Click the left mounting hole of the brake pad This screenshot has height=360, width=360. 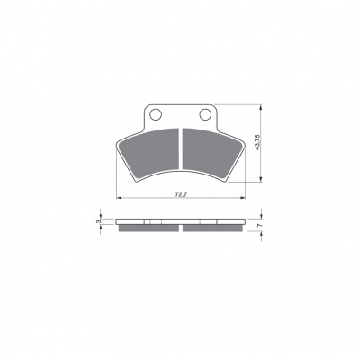(156, 114)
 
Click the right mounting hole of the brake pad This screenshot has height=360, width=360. (205, 114)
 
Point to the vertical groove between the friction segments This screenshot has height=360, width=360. (181, 148)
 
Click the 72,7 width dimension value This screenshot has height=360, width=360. (181, 194)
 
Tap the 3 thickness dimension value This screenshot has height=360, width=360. (97, 221)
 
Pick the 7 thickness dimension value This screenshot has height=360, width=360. (260, 225)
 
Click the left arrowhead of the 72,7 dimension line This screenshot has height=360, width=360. (119, 198)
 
